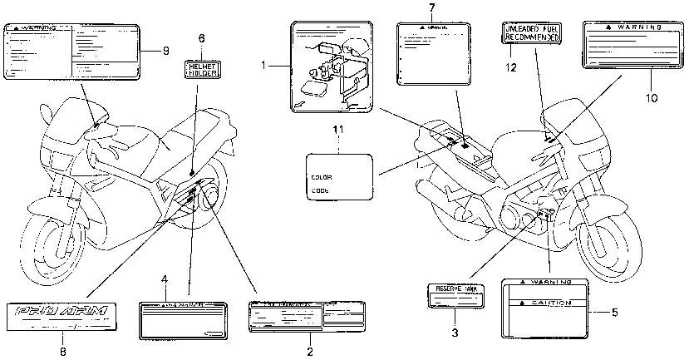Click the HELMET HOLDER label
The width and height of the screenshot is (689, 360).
[202, 69]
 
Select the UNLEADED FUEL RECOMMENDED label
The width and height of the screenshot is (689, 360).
[533, 35]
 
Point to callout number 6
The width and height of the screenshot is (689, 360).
[201, 38]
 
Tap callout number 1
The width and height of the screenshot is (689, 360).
[264, 64]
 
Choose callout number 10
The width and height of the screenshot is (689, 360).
[651, 97]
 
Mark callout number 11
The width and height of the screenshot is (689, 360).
[337, 130]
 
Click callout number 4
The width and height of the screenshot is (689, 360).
[165, 279]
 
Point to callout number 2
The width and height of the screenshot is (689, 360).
[309, 351]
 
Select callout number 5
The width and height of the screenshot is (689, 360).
[614, 313]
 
